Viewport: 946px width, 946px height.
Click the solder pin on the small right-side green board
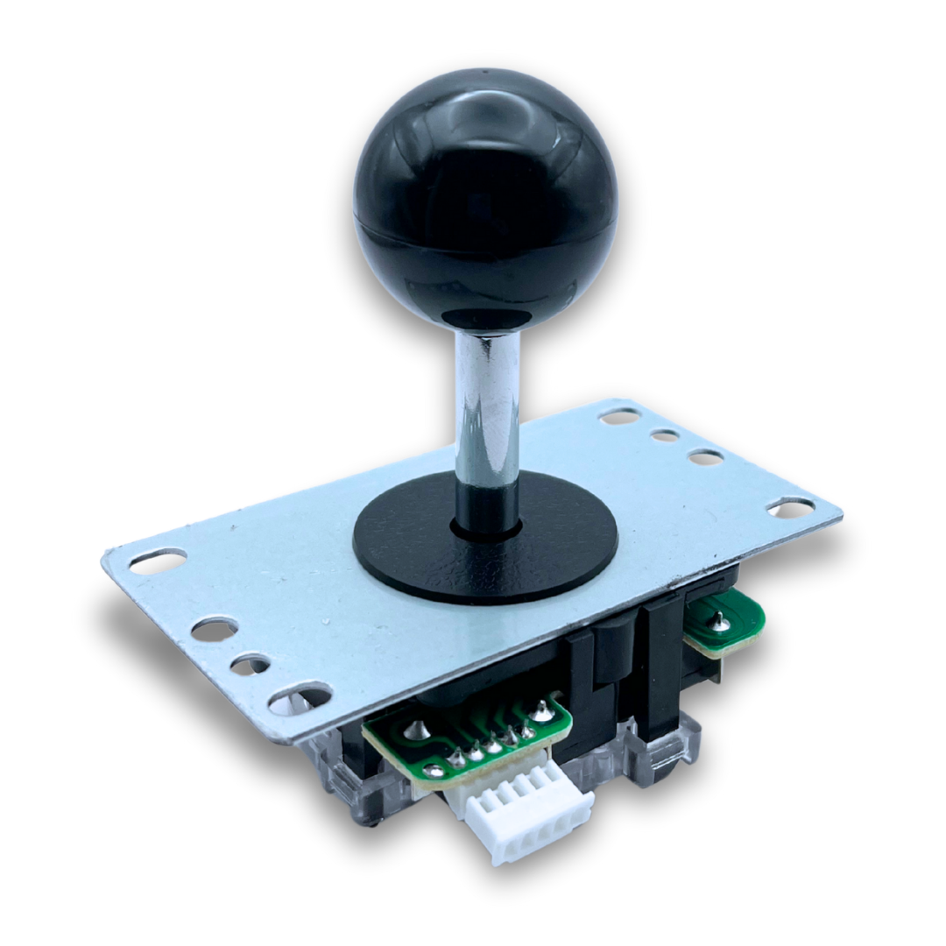coord(719,618)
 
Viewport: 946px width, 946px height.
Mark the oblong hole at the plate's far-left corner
coord(158,561)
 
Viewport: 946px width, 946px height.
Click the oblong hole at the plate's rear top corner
coord(620,415)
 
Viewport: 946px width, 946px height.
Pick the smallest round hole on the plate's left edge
coord(250,665)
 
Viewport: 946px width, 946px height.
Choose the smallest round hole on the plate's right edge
coord(666,435)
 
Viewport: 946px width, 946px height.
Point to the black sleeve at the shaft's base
coord(486,512)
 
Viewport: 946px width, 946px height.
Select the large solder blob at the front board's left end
coord(434,771)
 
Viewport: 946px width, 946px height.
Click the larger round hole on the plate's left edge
coord(214,629)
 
